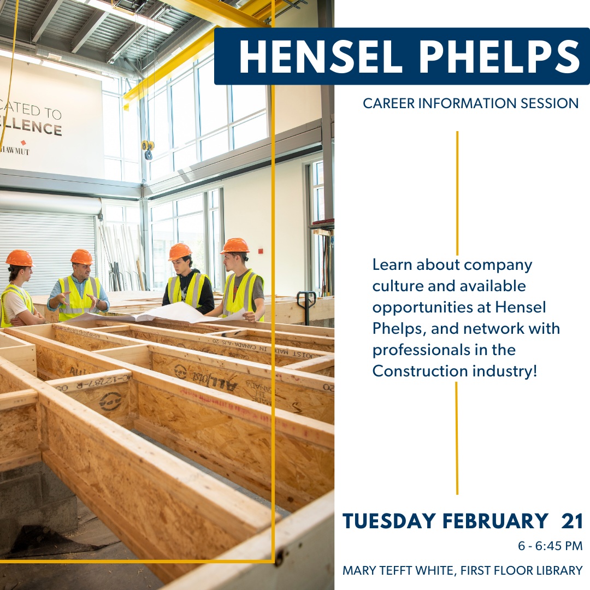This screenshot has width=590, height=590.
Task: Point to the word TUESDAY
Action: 390,521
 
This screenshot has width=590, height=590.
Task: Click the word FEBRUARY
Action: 495,521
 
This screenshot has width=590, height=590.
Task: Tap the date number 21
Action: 572,521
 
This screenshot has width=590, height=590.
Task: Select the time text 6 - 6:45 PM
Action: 550,546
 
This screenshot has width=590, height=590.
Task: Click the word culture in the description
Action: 398,286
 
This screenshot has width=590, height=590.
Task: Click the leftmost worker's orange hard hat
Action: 19,258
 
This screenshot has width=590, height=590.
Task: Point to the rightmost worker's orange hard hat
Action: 235,246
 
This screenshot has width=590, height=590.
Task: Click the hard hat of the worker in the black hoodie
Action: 180,251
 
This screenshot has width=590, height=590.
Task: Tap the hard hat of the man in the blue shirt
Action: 81,256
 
